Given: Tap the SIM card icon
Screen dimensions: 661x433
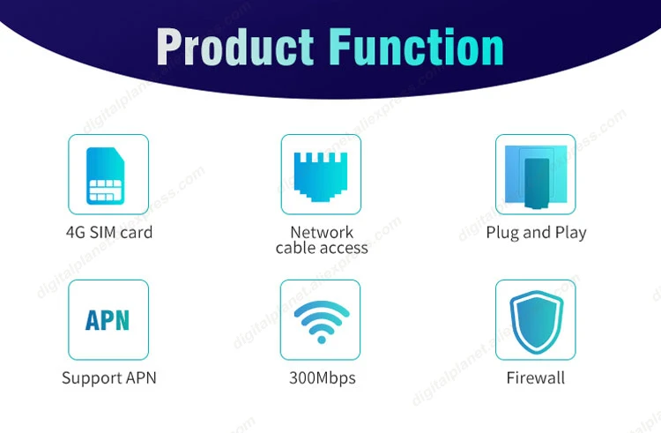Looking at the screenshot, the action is pos(108,175).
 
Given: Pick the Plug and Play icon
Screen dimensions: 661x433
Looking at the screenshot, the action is pos(535,174).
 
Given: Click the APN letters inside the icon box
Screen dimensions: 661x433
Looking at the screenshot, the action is pos(108,320).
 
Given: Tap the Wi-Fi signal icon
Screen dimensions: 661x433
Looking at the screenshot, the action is pos(321,319).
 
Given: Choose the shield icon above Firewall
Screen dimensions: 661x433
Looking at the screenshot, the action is pos(535,319).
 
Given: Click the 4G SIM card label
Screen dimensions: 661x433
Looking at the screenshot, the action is pos(108,233).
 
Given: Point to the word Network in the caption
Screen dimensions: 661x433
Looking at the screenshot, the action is pos(322,232).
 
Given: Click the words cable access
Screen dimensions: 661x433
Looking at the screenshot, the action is pos(322,248).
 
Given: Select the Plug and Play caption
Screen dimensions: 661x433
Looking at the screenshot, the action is pos(536,233).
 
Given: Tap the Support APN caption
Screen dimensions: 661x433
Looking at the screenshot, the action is pos(108,378).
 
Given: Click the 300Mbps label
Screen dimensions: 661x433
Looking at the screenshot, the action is pos(322,378).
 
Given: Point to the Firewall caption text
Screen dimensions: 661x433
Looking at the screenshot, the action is pos(536,378).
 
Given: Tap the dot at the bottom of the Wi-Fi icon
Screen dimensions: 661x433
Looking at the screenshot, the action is pos(321,338).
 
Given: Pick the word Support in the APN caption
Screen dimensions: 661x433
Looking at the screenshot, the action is pos(90,378).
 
